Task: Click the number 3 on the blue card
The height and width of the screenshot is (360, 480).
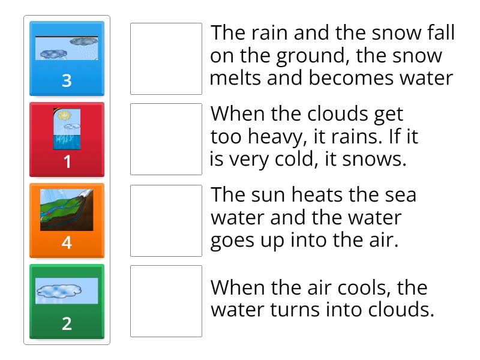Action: pos(67,81)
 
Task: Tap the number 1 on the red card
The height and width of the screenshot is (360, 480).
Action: pos(67,162)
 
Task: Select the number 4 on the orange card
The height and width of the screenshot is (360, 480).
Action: pos(67,243)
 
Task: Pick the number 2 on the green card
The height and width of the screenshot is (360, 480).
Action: pos(67,324)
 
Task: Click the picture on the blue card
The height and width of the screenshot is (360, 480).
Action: pos(67,49)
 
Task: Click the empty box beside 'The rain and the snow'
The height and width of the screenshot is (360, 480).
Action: pos(166,59)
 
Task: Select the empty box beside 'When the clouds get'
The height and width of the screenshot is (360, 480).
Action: pos(166,139)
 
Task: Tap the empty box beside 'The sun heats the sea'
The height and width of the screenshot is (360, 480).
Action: pos(166,220)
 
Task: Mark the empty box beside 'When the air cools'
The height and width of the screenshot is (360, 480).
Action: pos(166,301)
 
